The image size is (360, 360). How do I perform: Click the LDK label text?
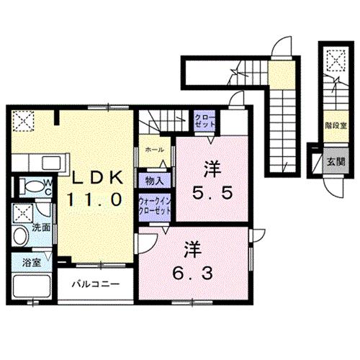(x=99, y=176)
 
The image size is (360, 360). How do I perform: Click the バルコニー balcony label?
(x=94, y=283)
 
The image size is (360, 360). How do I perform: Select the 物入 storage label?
(x=153, y=180)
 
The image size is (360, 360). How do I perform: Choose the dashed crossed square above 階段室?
(x=333, y=60)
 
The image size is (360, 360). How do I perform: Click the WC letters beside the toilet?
(x=45, y=186)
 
